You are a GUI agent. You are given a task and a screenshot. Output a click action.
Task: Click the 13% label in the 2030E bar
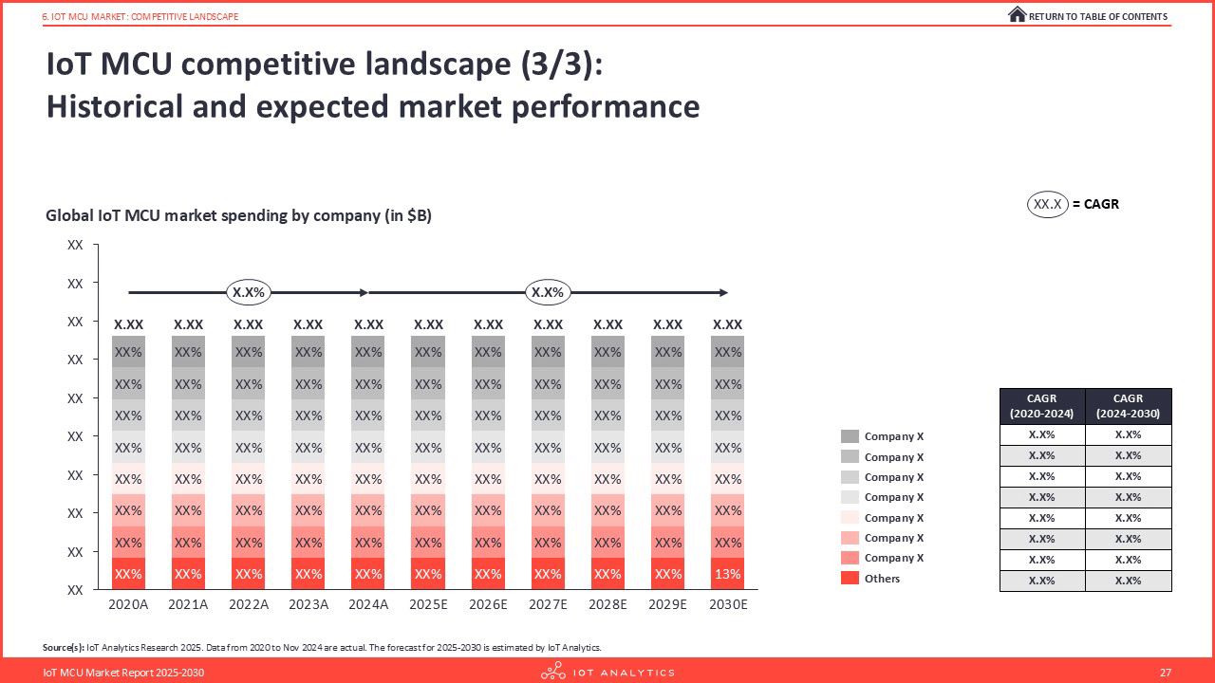[727, 574]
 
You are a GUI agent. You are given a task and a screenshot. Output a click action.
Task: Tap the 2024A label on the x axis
[368, 604]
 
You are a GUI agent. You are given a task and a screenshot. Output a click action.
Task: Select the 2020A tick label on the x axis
[128, 604]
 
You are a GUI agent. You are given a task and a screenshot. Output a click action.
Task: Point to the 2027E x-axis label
[548, 604]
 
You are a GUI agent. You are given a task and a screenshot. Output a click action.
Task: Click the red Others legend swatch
[850, 578]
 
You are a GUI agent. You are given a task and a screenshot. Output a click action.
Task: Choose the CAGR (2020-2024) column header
[1042, 406]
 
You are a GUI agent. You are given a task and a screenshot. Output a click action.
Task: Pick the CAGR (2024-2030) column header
[1129, 406]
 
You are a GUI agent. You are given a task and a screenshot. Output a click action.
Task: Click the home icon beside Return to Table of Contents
[1017, 14]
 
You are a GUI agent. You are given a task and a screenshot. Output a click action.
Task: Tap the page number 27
[1165, 673]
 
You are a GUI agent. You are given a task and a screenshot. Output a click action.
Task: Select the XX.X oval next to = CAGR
[1047, 204]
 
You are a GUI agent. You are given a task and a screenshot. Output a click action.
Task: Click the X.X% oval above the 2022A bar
[249, 293]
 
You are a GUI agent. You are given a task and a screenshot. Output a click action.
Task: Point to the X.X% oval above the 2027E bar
[548, 293]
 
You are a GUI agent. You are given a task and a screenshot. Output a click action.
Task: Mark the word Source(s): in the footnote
[64, 647]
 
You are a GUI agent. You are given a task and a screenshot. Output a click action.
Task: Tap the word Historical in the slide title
[115, 106]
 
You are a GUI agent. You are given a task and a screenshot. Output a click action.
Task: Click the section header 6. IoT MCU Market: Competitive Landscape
[140, 17]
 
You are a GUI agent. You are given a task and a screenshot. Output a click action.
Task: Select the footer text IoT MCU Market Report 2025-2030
[123, 673]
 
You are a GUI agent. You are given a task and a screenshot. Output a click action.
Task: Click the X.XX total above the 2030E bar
[727, 324]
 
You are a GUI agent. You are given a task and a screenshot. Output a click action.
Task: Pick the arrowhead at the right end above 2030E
[723, 293]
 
